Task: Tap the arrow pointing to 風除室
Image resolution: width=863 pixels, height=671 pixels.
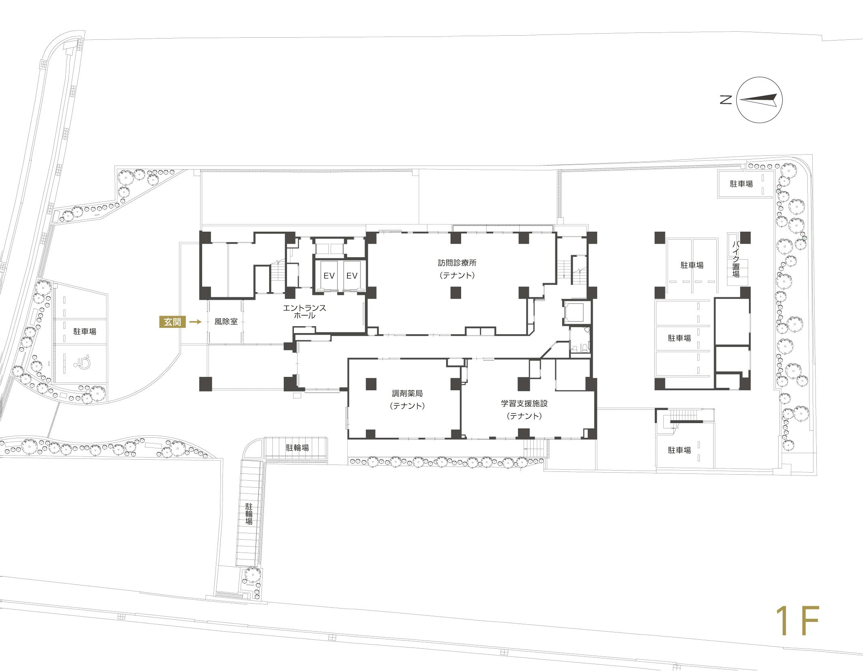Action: click(196, 322)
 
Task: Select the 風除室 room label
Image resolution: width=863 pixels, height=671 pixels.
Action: click(226, 322)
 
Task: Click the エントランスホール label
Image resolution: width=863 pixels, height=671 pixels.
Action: click(304, 312)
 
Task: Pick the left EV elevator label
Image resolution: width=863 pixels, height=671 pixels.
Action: click(329, 276)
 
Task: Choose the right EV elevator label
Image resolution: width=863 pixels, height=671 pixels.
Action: click(352, 276)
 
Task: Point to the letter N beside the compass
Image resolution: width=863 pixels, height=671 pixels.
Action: click(726, 100)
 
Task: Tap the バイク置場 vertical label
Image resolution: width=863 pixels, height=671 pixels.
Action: click(736, 259)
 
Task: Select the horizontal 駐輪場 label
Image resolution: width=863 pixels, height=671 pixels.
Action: click(298, 447)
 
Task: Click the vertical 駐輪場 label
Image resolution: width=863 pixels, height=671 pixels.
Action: click(249, 514)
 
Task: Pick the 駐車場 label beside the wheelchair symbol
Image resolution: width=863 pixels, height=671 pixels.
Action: click(85, 331)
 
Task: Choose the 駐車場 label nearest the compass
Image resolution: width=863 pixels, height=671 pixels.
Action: click(741, 184)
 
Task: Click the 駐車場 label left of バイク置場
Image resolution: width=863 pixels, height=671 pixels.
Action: click(692, 265)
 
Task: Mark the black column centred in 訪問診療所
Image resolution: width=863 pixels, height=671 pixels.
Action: click(456, 292)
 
